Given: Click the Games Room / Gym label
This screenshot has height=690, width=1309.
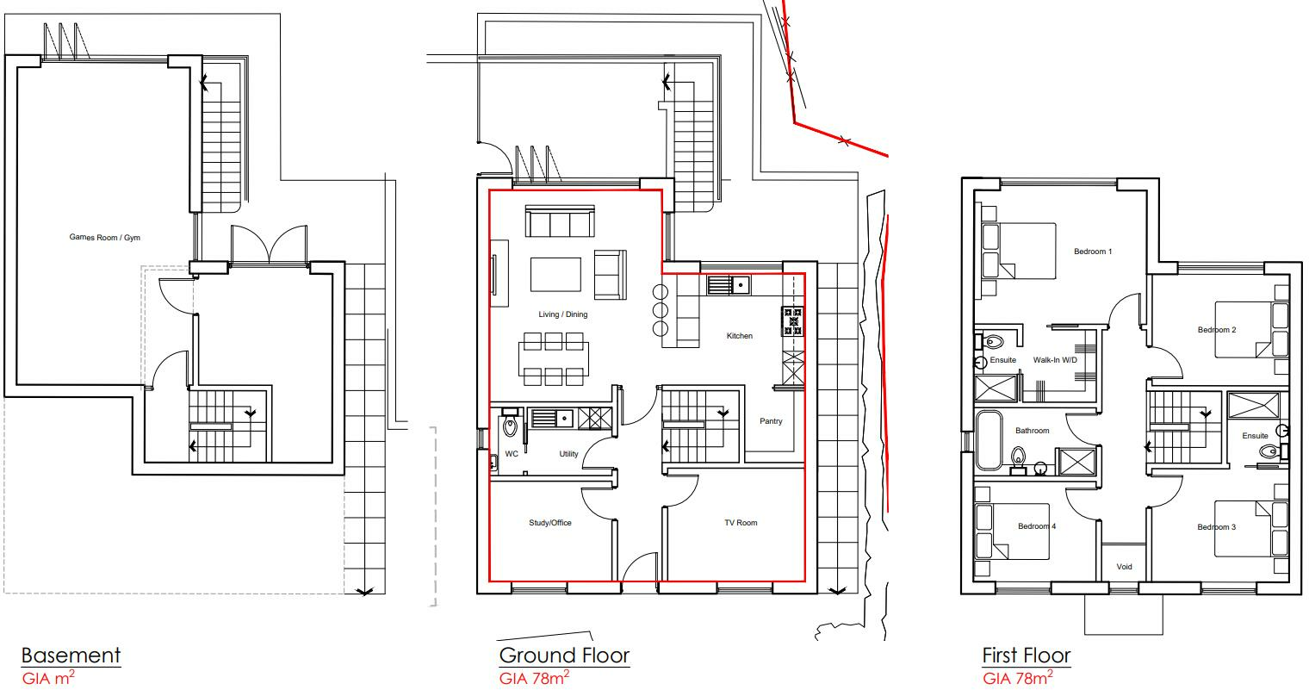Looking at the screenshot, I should (104, 238).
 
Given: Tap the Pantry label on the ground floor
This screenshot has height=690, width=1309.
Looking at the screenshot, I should (771, 421).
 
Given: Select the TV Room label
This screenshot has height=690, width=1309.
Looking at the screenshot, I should (741, 523).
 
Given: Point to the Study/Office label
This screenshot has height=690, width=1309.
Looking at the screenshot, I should (549, 523).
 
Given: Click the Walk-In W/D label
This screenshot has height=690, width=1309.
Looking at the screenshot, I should (1055, 360).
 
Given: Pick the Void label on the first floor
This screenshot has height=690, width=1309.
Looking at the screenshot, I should (1124, 567).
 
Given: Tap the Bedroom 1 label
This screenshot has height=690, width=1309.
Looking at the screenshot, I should (1093, 252).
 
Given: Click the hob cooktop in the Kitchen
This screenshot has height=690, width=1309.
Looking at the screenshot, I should (792, 320).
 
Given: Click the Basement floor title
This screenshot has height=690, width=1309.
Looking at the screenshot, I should (71, 656).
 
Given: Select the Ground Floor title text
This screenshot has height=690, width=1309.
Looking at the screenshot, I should (564, 656).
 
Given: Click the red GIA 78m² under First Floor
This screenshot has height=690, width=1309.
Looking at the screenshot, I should (1017, 678).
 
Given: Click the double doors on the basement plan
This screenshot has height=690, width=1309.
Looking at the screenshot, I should (270, 245).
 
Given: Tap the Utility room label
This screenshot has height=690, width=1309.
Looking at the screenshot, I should (568, 453).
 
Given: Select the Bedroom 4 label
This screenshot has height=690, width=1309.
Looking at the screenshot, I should (1036, 526).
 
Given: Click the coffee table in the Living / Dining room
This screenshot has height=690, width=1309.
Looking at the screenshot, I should (555, 275).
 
